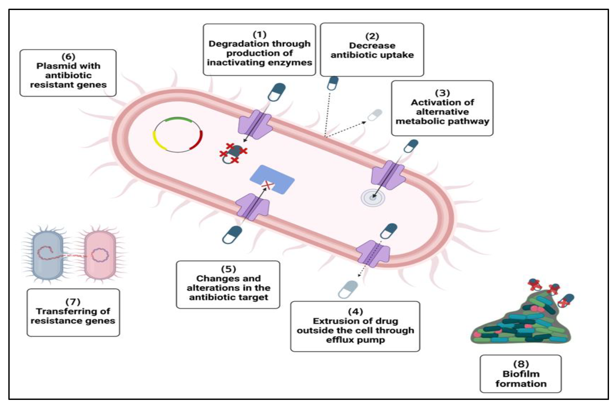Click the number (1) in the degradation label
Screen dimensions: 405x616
point(259,34)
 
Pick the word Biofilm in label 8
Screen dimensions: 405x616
point(521,374)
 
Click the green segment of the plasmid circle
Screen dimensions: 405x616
point(178,119)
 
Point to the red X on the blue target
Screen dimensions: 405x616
point(267,185)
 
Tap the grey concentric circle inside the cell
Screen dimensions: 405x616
point(373,198)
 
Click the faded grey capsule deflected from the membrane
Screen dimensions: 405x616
point(375,115)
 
